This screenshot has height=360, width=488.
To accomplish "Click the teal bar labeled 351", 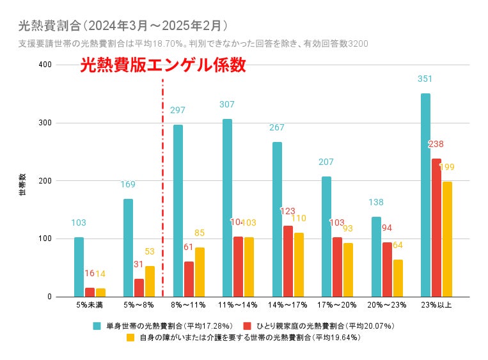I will tap(425, 195).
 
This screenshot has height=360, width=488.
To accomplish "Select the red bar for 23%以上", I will tap(436, 228).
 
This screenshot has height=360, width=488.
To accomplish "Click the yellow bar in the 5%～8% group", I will tap(150, 281).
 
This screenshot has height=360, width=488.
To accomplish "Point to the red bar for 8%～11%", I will tap(189, 279).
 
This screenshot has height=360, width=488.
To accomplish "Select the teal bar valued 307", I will tap(227, 208).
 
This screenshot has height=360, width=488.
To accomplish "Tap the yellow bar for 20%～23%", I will tap(398, 278).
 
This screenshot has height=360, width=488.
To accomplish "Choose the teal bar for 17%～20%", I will tap(326, 237).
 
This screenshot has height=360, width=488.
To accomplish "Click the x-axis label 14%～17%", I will tap(288, 304).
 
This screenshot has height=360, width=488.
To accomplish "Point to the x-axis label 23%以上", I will tap(436, 304).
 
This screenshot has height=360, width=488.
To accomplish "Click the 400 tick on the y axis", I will tap(45, 65).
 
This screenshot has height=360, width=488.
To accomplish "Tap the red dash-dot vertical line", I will tap(162, 192).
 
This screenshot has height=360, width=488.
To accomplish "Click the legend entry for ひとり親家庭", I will tap(323, 326).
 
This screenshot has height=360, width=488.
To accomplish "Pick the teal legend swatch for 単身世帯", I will tap(97, 326).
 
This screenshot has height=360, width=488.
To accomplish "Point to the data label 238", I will tap(436, 145).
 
